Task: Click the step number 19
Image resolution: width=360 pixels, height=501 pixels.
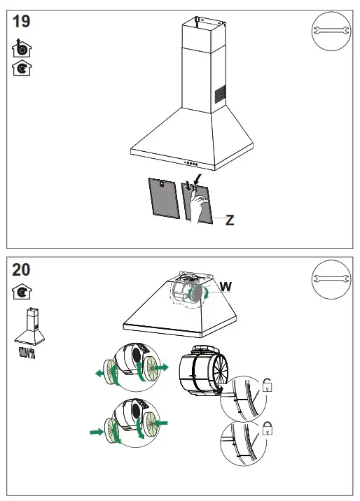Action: pyautogui.click(x=22, y=22)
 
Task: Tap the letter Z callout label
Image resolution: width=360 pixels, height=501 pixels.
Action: pyautogui.click(x=229, y=220)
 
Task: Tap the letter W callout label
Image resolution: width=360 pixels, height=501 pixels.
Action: pyautogui.click(x=226, y=286)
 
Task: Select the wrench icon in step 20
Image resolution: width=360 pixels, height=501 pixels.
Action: pyautogui.click(x=328, y=279)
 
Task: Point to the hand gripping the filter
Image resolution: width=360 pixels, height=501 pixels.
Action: pyautogui.click(x=200, y=205)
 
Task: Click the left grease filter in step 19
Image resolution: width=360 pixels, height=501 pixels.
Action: pyautogui.click(x=163, y=199)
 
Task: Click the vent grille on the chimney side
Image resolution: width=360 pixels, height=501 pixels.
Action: pyautogui.click(x=219, y=93)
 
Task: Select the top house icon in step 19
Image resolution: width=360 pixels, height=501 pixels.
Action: pyautogui.click(x=22, y=50)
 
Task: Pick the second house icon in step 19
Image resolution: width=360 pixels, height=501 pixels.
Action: pyautogui.click(x=22, y=68)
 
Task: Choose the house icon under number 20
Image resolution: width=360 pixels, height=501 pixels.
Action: pyautogui.click(x=22, y=292)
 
